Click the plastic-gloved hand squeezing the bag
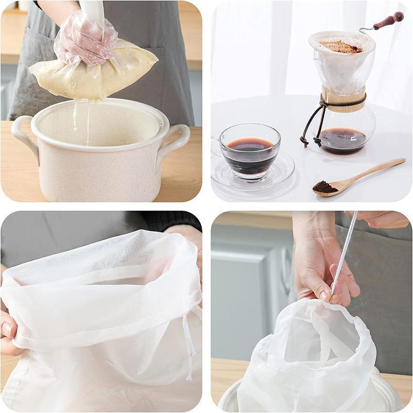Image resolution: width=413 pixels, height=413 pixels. [x=85, y=41]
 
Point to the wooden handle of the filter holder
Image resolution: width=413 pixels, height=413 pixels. [x=388, y=21]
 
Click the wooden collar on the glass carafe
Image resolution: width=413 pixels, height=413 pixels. [x=343, y=100]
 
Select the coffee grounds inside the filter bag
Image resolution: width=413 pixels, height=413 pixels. [x=341, y=47]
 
